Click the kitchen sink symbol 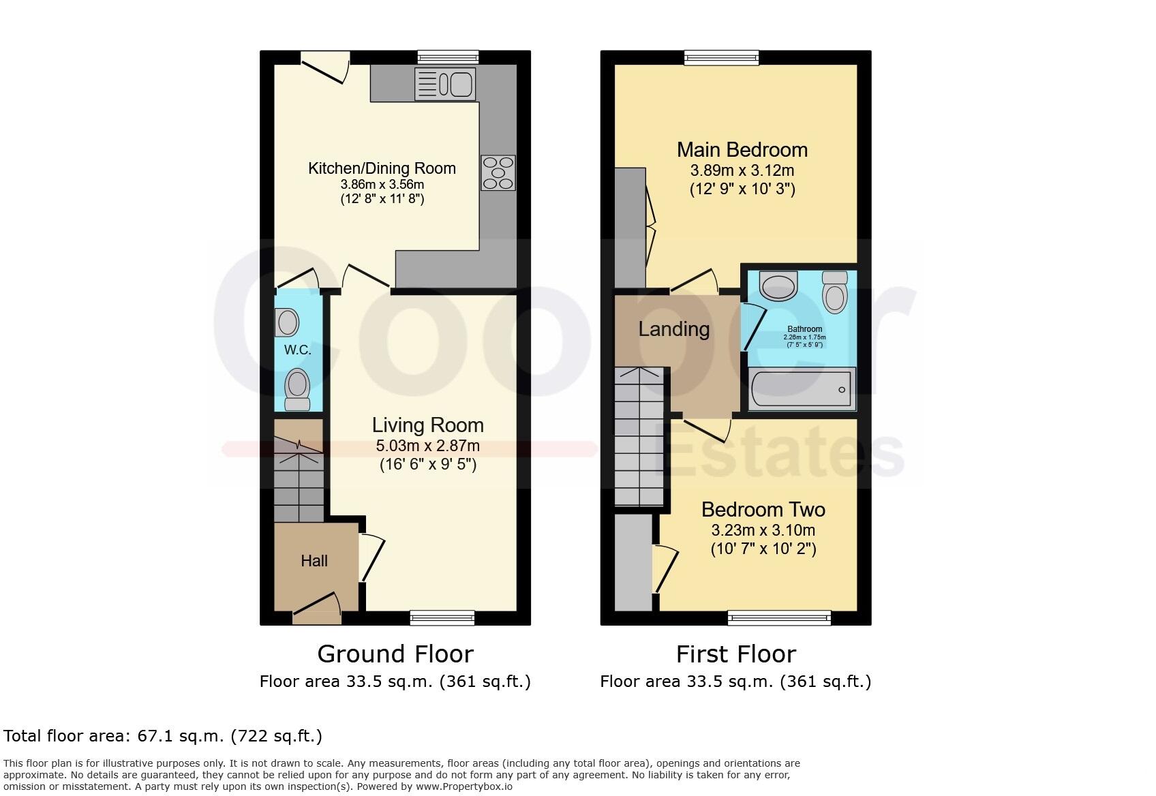(445, 85)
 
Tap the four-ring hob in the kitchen (498, 173)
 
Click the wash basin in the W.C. (288, 322)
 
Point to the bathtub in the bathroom (802, 390)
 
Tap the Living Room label (427, 425)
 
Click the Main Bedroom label (742, 150)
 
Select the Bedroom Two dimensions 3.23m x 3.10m (763, 530)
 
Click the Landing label (673, 329)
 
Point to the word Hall (314, 561)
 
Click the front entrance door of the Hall (318, 609)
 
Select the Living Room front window (442, 617)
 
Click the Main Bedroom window (721, 58)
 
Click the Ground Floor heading (395, 654)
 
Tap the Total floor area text (163, 736)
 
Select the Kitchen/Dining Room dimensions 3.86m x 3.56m (382, 185)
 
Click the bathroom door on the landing (752, 326)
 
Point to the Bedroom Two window (779, 617)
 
